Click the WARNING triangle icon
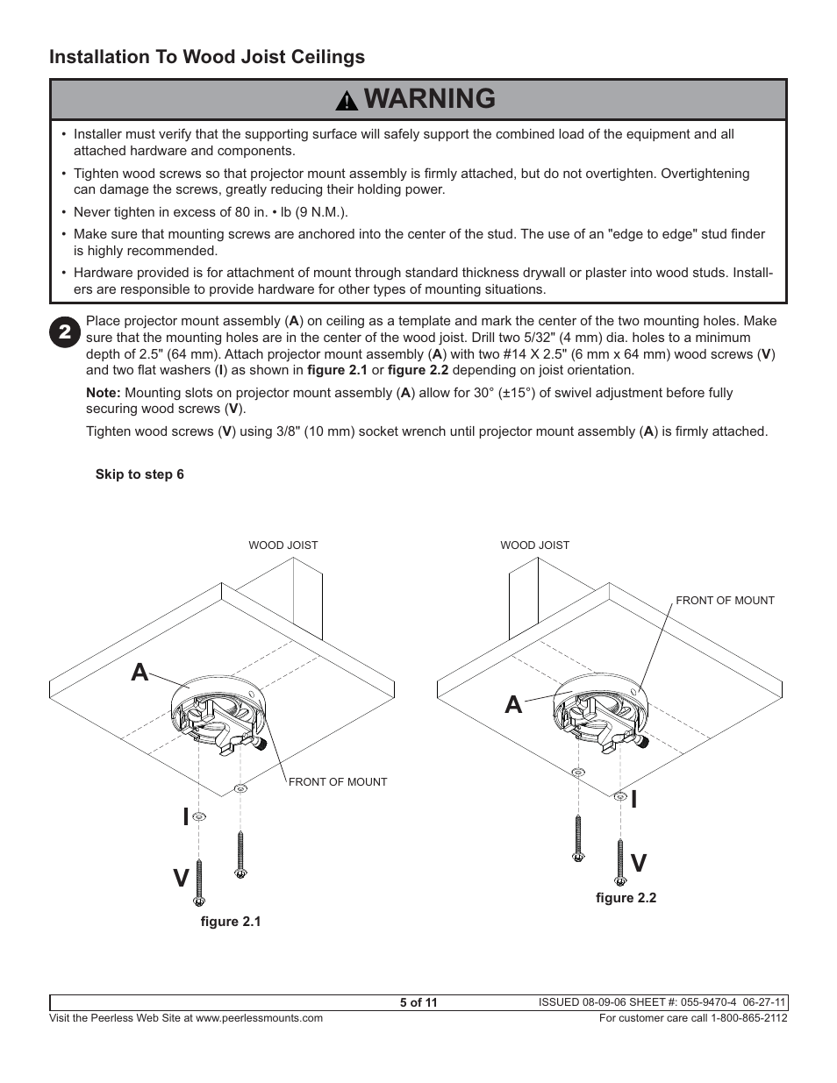(x=347, y=101)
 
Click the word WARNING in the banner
(x=429, y=99)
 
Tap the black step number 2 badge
(x=66, y=331)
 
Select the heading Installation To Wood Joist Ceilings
(x=207, y=57)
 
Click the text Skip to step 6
(x=139, y=474)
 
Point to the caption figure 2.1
(x=231, y=922)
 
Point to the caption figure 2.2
(x=626, y=898)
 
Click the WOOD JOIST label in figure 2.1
(x=283, y=545)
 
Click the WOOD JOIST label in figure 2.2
(x=534, y=545)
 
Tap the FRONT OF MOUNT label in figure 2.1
(x=338, y=782)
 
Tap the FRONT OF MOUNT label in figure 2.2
(x=725, y=601)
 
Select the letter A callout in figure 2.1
(x=139, y=673)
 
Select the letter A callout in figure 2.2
(x=513, y=703)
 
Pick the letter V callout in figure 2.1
(x=181, y=877)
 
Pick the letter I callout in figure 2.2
(x=633, y=799)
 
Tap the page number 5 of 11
(x=418, y=1003)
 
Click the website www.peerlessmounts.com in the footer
(x=259, y=1018)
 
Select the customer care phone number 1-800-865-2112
(x=742, y=1018)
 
